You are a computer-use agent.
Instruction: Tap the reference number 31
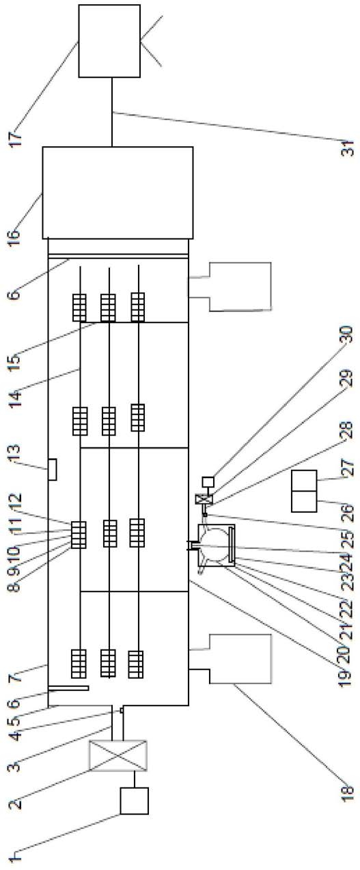pos(348,148)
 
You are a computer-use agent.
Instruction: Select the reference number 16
pos(13,236)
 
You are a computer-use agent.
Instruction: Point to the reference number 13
pos(13,453)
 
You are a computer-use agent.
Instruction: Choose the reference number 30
pos(346,334)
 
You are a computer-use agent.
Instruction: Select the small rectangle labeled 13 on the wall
pos(52,470)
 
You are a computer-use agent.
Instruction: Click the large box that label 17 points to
pos(109,41)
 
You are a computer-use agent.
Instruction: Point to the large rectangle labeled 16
pos(117,193)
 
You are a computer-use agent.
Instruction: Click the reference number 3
pos(13,767)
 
